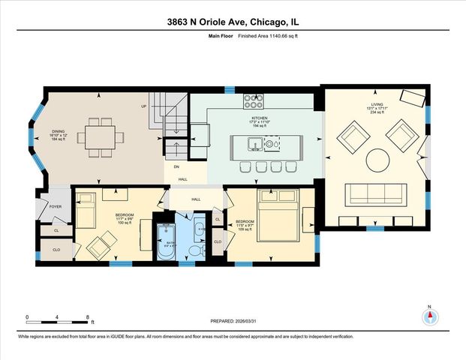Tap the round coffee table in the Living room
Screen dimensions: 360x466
point(377,159)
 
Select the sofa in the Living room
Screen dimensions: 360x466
point(374,194)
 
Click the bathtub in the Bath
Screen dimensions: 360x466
point(164,242)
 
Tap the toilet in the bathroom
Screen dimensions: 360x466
point(196,250)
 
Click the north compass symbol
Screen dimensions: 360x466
point(429,316)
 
